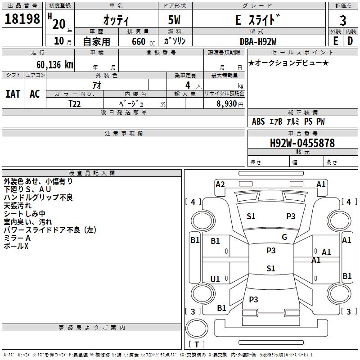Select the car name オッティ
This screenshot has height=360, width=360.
pyautogui.click(x=116, y=21)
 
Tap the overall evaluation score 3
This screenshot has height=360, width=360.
pyautogui.click(x=343, y=21)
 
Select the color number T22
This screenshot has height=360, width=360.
pyautogui.click(x=75, y=103)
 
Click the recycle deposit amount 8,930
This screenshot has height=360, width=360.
pyautogui.click(x=226, y=103)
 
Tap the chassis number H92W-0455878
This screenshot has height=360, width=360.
pyautogui.click(x=302, y=143)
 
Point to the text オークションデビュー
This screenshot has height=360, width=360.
pyautogui.click(x=288, y=63)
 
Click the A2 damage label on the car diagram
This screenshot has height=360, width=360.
pyautogui.click(x=220, y=184)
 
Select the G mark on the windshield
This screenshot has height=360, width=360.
pyautogui.click(x=284, y=237)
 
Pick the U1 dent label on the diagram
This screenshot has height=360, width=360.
pyautogui.click(x=215, y=279)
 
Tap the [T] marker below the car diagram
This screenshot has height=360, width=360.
pyautogui.click(x=197, y=345)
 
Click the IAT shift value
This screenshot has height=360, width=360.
pyautogui.click(x=13, y=94)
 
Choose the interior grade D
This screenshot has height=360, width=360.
pyautogui.click(x=350, y=41)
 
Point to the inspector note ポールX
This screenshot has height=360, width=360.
pyautogui.click(x=16, y=246)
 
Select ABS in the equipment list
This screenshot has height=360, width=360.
pyautogui.click(x=258, y=121)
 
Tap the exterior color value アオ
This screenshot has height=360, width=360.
pyautogui.click(x=96, y=85)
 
